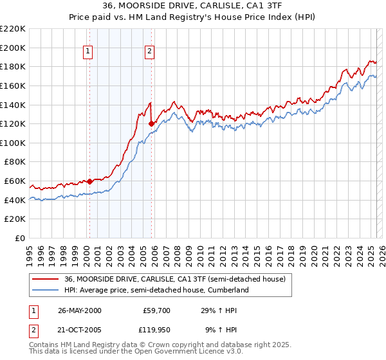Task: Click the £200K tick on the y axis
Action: [13, 48]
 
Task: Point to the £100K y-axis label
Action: [13, 143]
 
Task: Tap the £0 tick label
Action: [21, 238]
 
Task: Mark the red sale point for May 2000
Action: [90, 181]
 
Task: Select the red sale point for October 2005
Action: [151, 123]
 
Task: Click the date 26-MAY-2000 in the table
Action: [79, 310]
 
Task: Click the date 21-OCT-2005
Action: [79, 330]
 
